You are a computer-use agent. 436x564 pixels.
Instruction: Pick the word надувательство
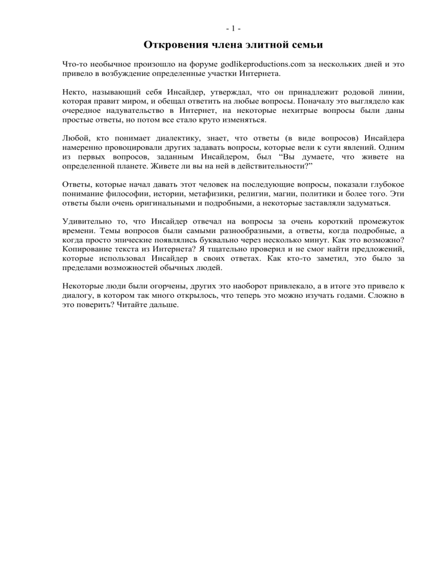pos(132,109)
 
